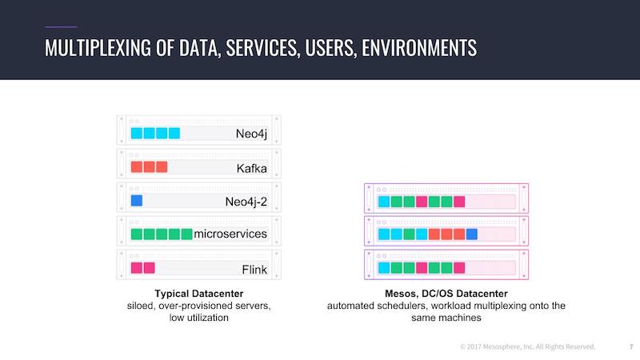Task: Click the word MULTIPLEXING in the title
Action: coord(98,48)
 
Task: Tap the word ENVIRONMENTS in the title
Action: coord(419,48)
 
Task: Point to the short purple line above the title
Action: coord(61,27)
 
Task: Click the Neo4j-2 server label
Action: coord(246,202)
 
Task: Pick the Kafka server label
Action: coord(251,168)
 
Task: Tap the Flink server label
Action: coord(254,270)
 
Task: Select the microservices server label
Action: coord(230,234)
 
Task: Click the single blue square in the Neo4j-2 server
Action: coord(137,201)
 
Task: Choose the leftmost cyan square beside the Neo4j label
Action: coord(137,133)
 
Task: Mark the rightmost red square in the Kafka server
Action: coord(162,167)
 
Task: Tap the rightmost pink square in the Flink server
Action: coord(150,268)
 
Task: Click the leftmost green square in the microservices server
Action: coord(137,234)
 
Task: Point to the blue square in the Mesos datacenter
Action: coord(472,234)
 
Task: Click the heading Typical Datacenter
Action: coord(198,294)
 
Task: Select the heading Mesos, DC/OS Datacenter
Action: coord(446,294)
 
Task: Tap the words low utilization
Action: coord(198,318)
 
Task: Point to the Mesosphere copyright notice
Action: coord(527,346)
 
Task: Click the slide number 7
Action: coord(631,347)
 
